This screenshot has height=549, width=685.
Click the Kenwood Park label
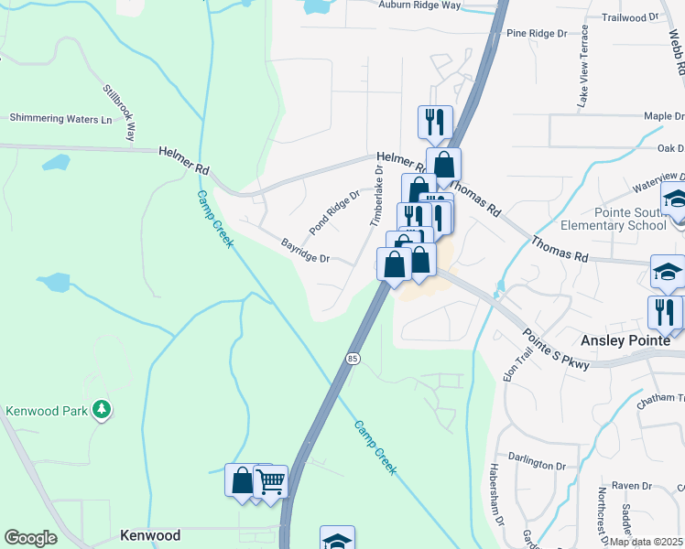pos(46,411)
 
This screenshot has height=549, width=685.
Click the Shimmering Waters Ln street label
pos(60,118)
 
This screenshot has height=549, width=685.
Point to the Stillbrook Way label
pos(119,113)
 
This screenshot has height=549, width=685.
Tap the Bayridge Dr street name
pos(305,252)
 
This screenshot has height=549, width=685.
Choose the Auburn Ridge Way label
pos(419,5)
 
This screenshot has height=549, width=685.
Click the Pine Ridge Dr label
pos(537,33)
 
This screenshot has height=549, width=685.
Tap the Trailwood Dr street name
pos(631,16)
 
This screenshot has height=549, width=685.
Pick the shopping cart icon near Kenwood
pos(270,480)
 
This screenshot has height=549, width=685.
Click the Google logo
pos(30,537)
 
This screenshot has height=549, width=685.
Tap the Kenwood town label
pos(150,534)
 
